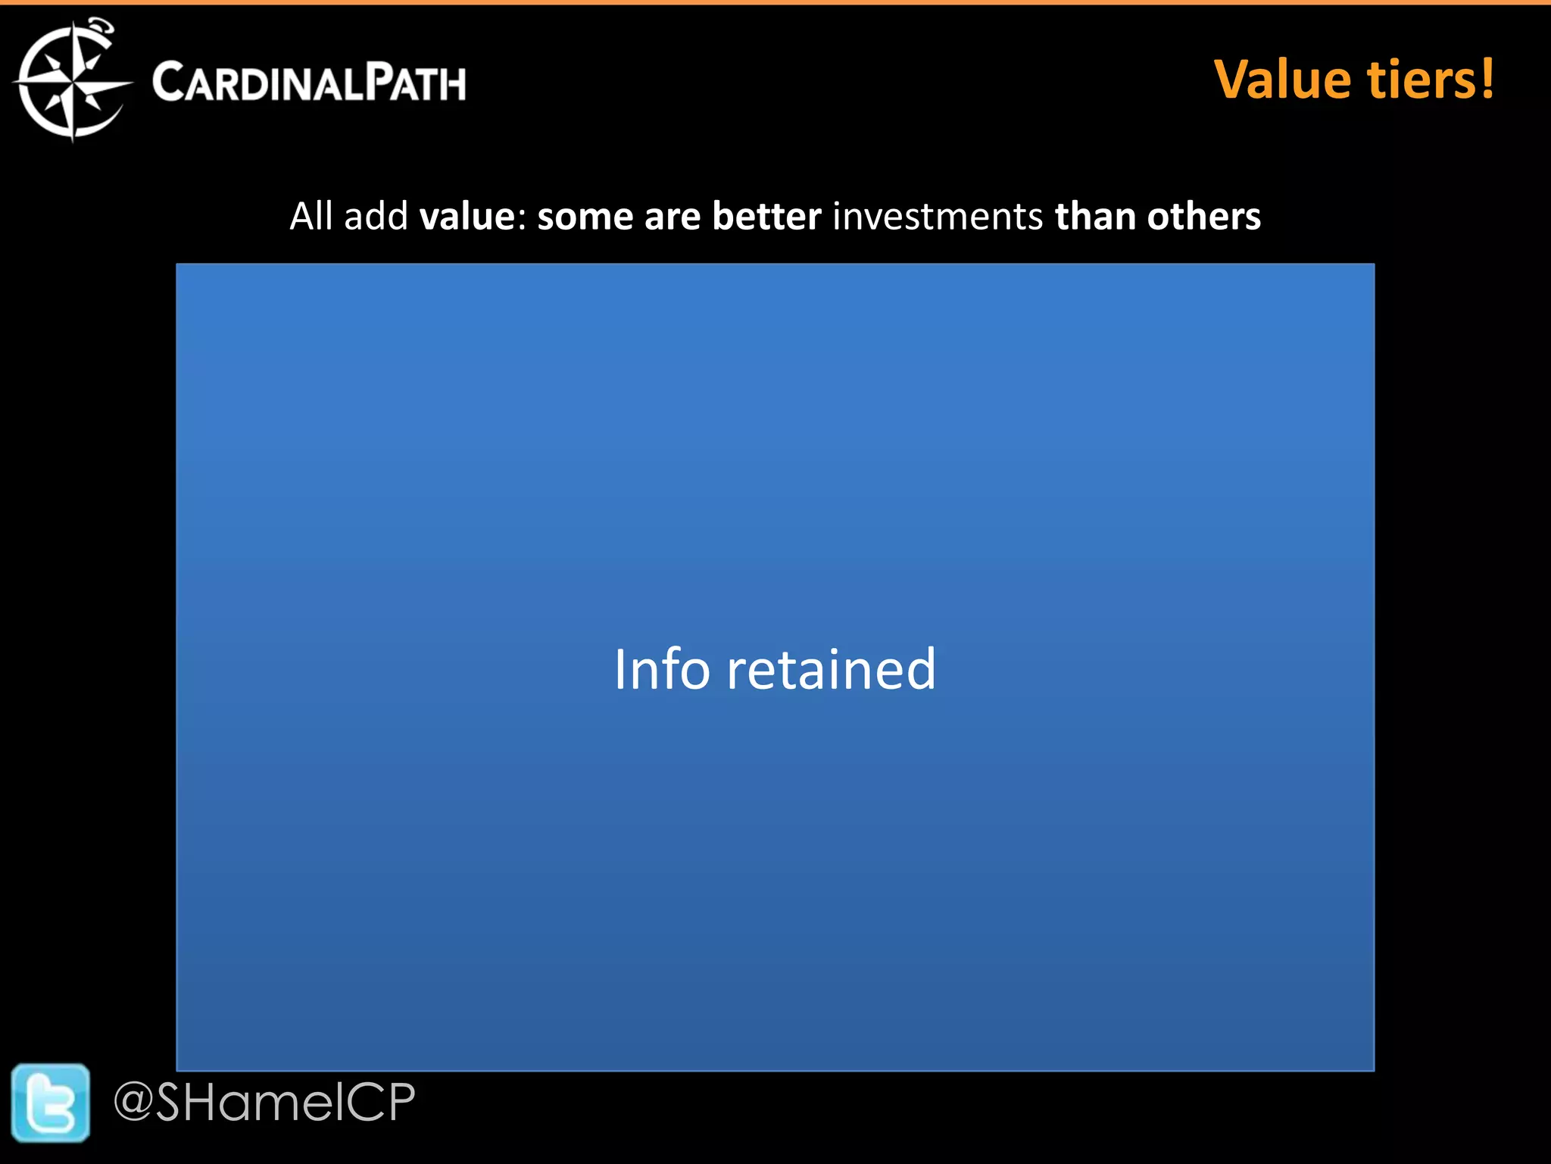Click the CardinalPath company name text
pos(309,82)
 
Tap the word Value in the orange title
pos(1284,80)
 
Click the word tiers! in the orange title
pos(1430,80)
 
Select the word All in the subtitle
pos(311,217)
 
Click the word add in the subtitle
pos(376,217)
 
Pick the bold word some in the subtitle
pos(585,217)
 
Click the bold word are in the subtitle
pos(672,217)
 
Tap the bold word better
pos(766,217)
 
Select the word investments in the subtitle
pos(938,217)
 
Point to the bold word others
pos(1203,217)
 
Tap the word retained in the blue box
pos(831,670)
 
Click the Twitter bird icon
pos(51,1103)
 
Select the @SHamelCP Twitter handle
pos(264,1102)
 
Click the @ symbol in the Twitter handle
pos(134,1103)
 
